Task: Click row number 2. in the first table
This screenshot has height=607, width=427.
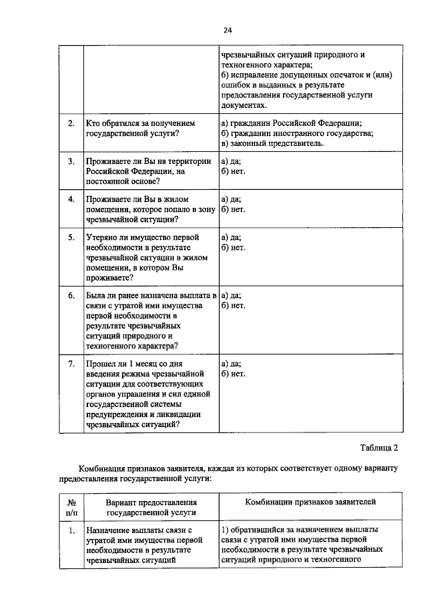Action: point(71,123)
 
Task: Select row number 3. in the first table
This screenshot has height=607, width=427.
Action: point(71,161)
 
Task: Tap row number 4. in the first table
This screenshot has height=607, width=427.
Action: point(71,199)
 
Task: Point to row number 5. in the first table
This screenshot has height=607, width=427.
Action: point(71,237)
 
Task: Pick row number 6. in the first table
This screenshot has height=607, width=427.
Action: point(71,295)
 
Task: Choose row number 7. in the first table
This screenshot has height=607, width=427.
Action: point(71,363)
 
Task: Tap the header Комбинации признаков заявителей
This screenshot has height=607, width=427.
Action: point(310,501)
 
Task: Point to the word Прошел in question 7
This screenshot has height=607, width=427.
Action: point(101,363)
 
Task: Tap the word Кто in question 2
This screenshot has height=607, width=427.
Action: point(93,123)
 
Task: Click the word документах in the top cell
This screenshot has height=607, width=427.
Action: point(244,105)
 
